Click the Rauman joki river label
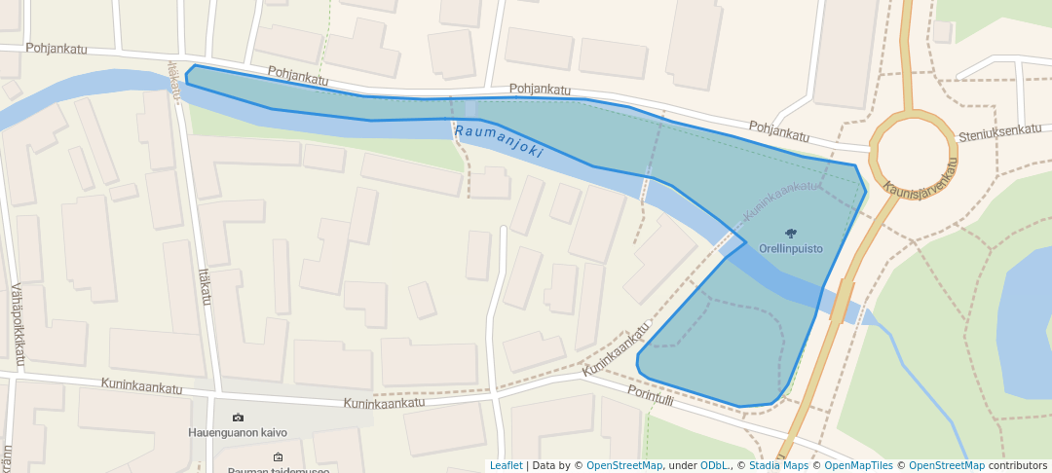point(498,142)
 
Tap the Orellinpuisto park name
point(791,248)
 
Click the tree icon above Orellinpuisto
point(791,233)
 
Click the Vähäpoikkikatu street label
point(18,326)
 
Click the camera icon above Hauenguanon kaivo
point(238,417)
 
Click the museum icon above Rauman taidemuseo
point(278,456)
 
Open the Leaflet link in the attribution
point(506,465)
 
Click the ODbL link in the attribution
point(715,465)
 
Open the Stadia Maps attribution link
point(777,465)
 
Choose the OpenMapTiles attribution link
point(852,465)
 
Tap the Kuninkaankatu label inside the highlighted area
point(783,200)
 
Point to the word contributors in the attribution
point(1017,465)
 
